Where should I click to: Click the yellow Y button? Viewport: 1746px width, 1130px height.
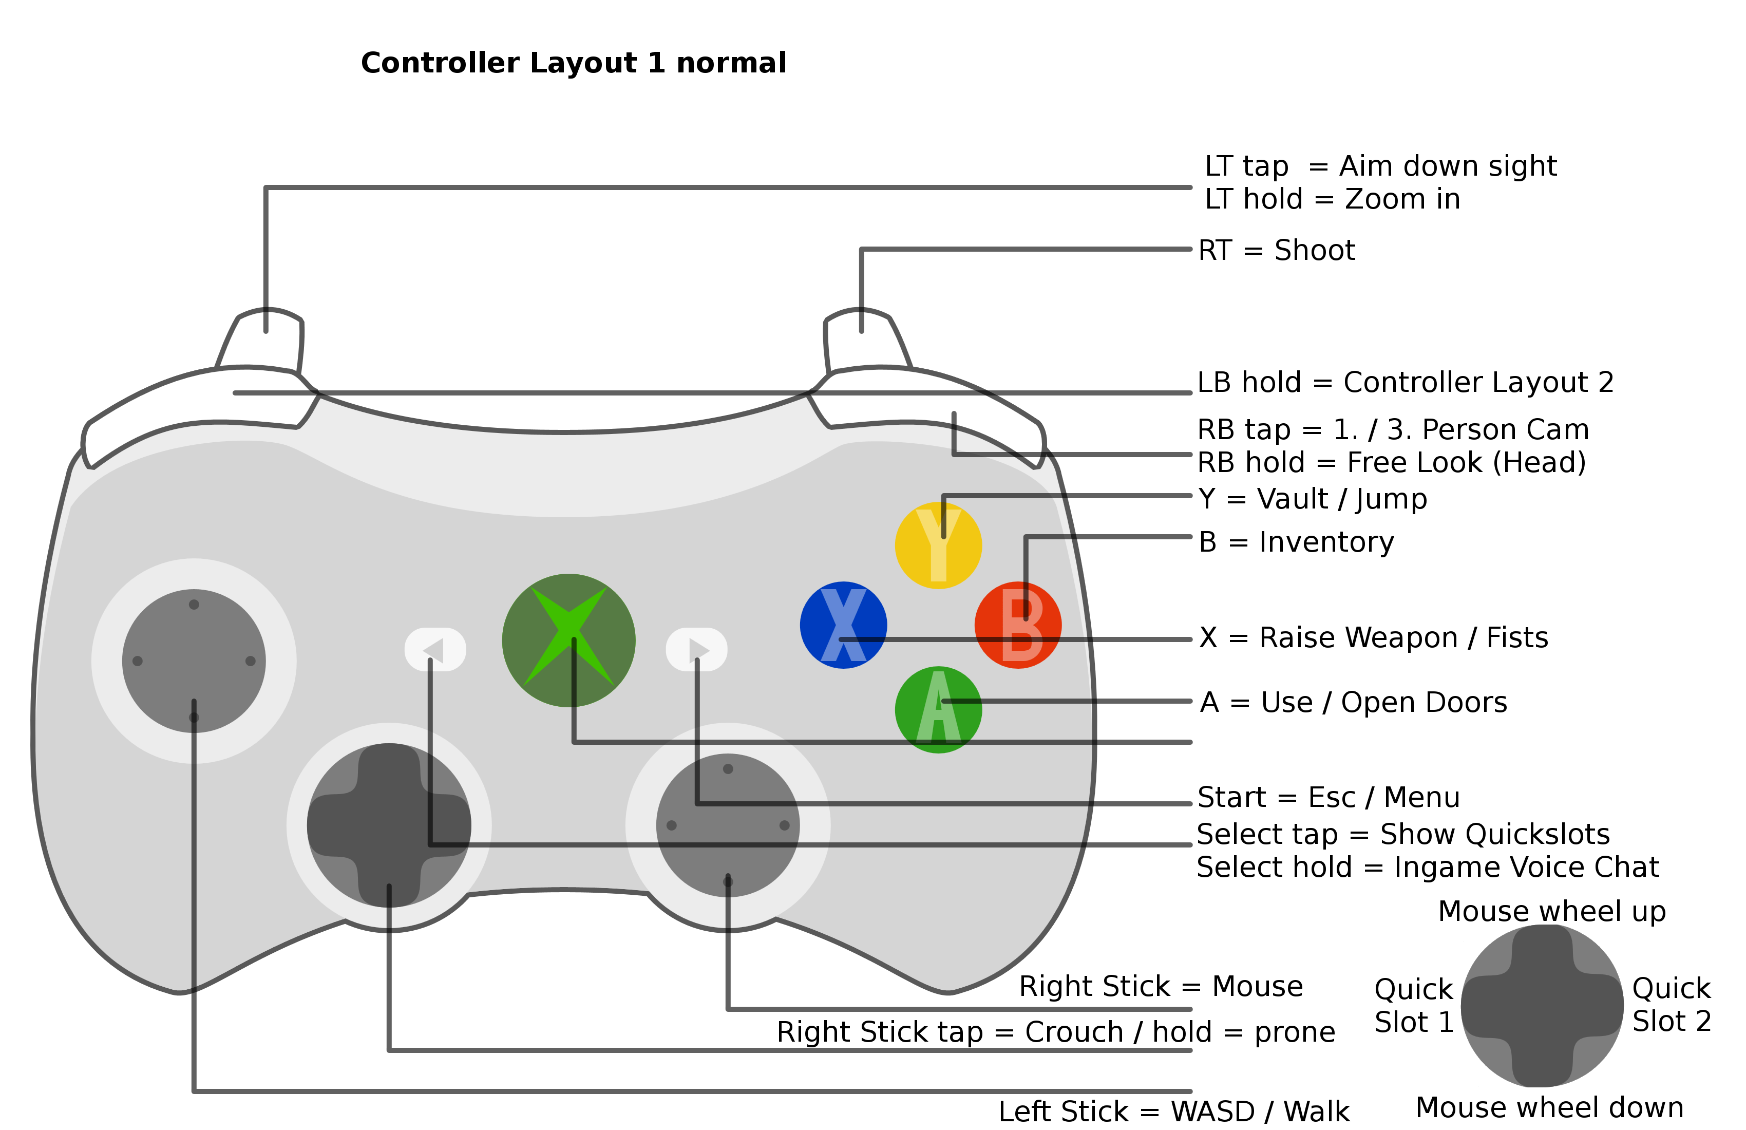point(938,545)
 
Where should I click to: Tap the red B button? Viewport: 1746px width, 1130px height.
point(1018,625)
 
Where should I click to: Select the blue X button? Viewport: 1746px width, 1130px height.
point(844,625)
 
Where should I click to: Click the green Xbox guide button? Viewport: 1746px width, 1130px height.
point(568,641)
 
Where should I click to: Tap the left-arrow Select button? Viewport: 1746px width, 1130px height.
point(435,649)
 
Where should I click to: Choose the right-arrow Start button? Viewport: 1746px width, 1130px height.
point(696,649)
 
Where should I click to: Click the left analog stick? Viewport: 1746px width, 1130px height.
point(194,661)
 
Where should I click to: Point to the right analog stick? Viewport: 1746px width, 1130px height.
point(728,825)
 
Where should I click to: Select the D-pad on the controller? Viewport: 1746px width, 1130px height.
point(389,825)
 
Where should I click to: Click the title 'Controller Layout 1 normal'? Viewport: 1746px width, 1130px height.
point(573,63)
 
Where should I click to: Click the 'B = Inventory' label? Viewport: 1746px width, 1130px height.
point(1296,542)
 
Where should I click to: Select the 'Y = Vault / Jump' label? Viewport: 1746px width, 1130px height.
point(1313,499)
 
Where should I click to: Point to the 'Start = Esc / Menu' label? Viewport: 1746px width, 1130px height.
point(1328,798)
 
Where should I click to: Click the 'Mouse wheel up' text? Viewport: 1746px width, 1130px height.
point(1551,911)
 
